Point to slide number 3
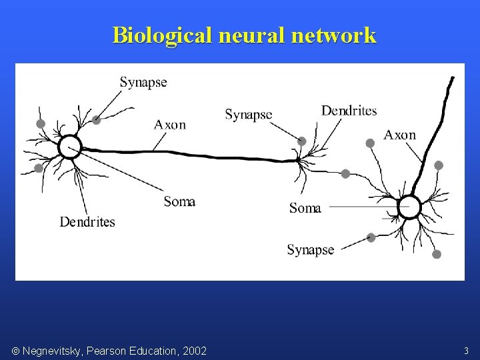466,350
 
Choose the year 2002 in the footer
193,351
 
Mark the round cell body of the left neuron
69,147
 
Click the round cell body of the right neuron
409,208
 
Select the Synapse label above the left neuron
143,83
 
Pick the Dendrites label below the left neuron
87,222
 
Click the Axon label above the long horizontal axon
170,125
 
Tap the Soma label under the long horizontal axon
179,201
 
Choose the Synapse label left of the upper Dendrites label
248,115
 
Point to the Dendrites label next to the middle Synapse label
349,111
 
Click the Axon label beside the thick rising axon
399,135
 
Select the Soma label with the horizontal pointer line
305,208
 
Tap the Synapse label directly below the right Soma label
310,250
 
